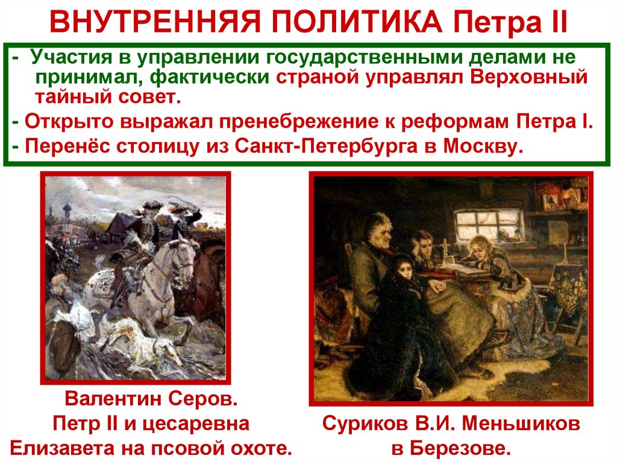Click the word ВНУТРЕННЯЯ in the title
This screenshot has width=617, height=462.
146,22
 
